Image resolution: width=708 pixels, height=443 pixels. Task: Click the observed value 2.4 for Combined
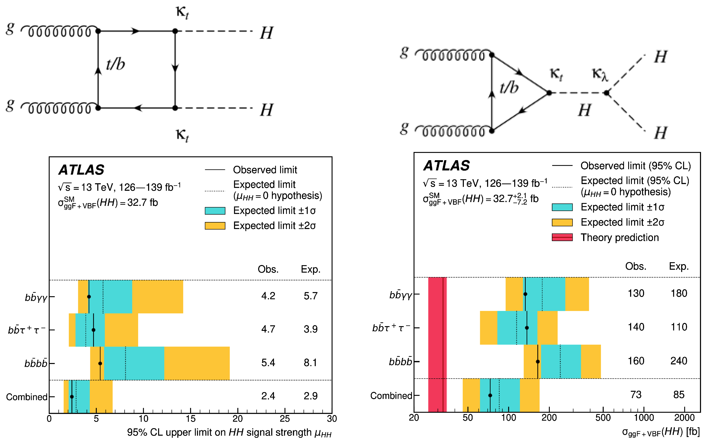[x=268, y=396]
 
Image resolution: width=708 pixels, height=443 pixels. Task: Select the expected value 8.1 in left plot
[x=310, y=362]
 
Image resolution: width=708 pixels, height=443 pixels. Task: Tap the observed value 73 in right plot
[x=636, y=395]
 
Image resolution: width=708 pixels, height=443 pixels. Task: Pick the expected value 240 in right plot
[x=678, y=361]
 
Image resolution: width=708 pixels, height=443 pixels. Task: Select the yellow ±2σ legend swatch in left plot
[x=215, y=226]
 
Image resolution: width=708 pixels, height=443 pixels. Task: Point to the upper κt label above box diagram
[x=182, y=12]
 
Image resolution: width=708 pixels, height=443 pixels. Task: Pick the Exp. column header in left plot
[x=311, y=269]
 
